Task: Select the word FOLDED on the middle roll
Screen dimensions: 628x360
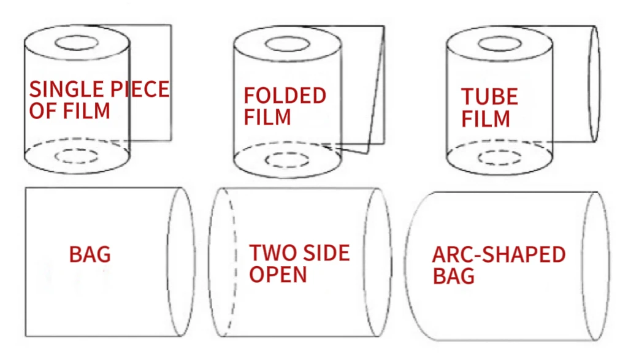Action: pyautogui.click(x=285, y=96)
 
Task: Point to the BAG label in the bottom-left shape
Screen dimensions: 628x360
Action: pyautogui.click(x=90, y=254)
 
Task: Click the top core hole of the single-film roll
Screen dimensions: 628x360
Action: pyautogui.click(x=77, y=44)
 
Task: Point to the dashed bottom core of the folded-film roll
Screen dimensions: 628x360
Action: pyautogui.click(x=287, y=160)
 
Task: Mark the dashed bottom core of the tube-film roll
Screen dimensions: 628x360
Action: pyautogui.click(x=499, y=158)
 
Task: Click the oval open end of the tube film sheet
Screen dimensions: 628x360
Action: pyautogui.click(x=594, y=84)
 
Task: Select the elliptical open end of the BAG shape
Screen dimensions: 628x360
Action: pyautogui.click(x=180, y=262)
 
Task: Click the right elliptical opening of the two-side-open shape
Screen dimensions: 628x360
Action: pyautogui.click(x=378, y=262)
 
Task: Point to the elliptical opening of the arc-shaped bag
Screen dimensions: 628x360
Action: pyautogui.click(x=595, y=266)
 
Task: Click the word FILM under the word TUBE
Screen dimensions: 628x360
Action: pyautogui.click(x=486, y=118)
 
